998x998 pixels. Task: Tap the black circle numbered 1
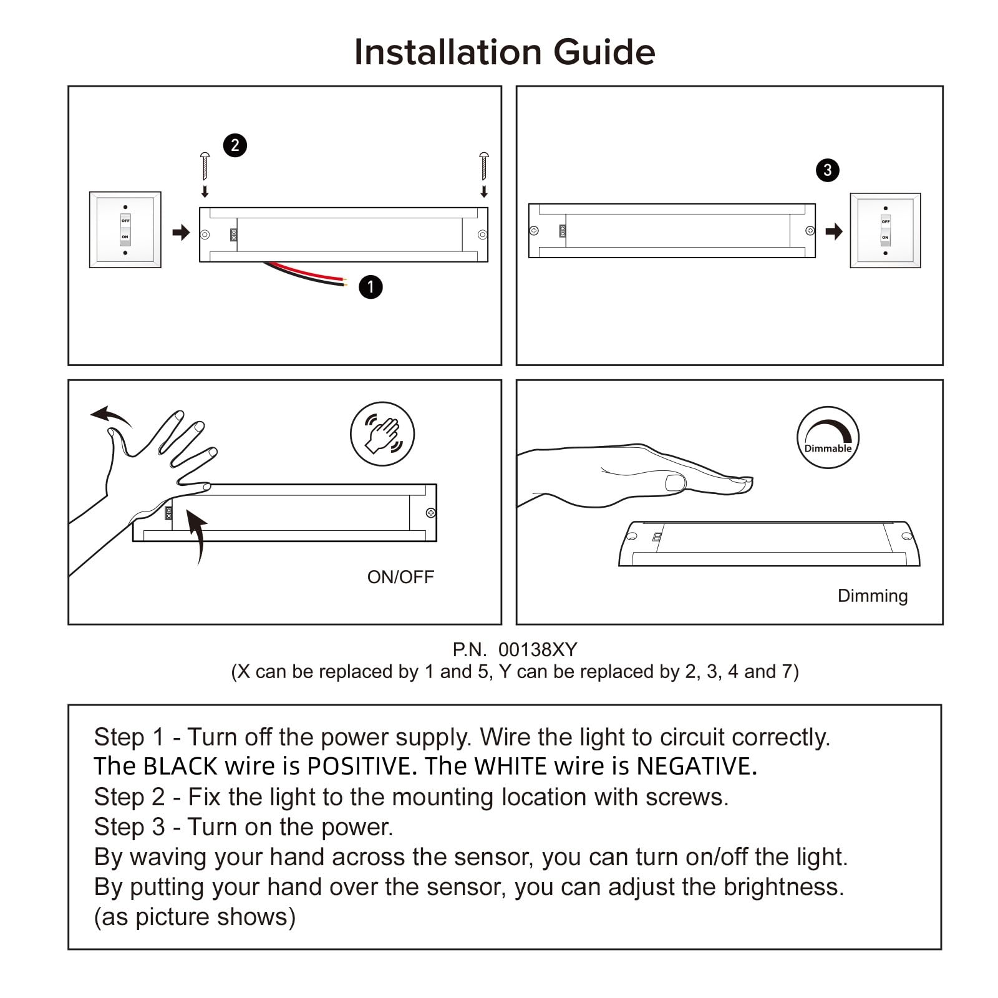point(371,287)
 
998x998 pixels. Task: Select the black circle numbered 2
point(235,145)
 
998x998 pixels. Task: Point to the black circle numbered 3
point(827,170)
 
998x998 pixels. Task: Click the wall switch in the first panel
point(125,230)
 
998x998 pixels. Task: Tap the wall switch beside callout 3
point(885,230)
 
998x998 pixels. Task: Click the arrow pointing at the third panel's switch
point(833,232)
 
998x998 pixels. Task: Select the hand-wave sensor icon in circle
point(382,434)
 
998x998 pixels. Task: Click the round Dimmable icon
point(828,437)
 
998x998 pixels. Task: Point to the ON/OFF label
point(400,577)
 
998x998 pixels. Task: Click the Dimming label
point(872,596)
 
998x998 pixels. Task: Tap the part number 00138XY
point(538,650)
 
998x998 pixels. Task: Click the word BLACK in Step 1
point(180,766)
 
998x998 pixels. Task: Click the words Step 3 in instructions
point(129,827)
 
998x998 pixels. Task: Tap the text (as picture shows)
point(195,917)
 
